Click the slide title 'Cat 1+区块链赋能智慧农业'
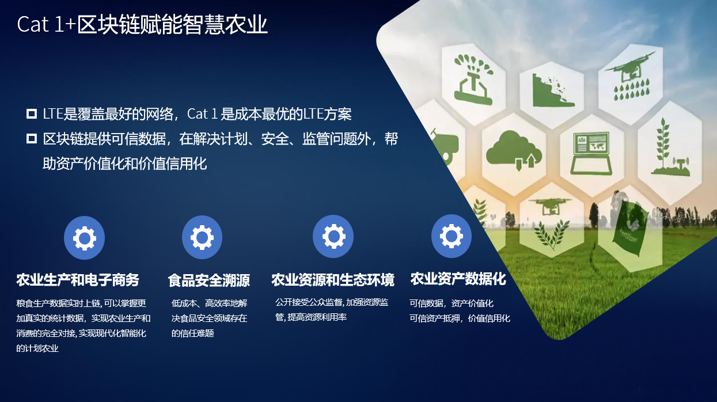142,25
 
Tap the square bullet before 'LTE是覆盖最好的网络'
31,114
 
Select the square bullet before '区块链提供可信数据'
31,139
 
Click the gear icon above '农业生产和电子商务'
84,238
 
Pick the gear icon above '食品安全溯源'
202,237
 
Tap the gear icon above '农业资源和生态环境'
333,236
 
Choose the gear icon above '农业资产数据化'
452,236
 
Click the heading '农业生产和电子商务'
78,280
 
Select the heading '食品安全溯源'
208,280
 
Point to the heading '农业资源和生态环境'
333,280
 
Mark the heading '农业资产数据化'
458,279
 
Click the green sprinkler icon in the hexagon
473,79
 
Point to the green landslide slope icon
553,90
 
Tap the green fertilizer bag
631,229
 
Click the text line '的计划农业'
37,348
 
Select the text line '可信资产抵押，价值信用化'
460,318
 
